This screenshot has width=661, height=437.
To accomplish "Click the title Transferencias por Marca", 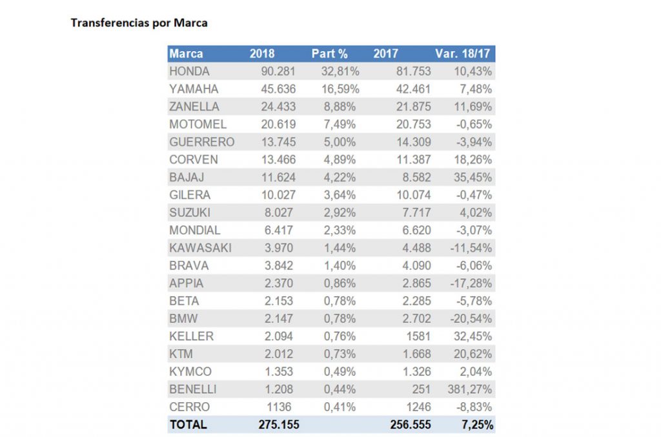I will [138, 23].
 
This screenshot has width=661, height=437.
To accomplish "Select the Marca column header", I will [186, 54].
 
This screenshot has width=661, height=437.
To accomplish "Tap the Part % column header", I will [330, 54].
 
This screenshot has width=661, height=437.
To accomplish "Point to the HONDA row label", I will [189, 72].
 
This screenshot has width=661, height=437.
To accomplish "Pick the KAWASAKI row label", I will [200, 248].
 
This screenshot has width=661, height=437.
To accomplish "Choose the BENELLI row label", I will [193, 389].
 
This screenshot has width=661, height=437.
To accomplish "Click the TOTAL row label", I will [188, 425].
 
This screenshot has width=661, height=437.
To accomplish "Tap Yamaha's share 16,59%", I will [340, 89].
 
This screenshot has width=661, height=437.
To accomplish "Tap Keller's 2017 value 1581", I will [418, 336].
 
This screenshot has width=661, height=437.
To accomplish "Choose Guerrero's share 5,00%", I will [343, 142].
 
